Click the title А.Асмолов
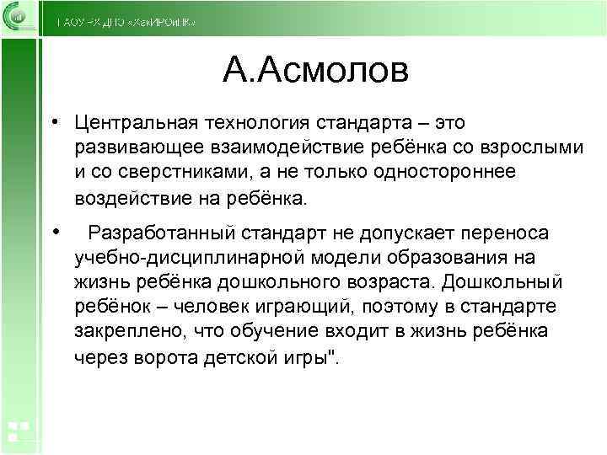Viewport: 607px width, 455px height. point(315,71)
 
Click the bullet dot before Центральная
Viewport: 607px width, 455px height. point(53,123)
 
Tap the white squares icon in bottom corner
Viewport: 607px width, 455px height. point(18,431)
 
